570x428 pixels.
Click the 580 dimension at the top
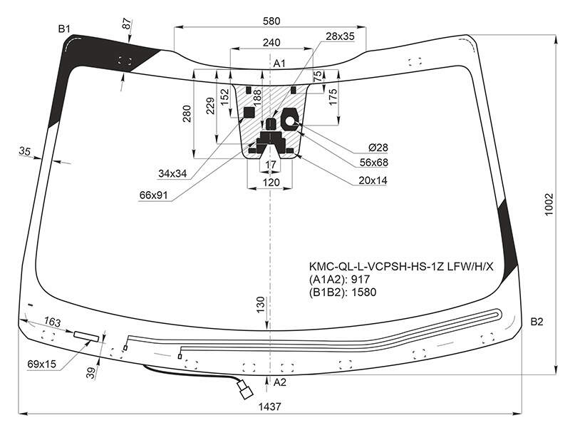[271, 21]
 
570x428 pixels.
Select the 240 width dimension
[271, 43]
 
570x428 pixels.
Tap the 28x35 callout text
[340, 36]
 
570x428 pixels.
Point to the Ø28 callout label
[378, 148]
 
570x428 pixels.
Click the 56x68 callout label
[373, 163]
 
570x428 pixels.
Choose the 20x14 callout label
[373, 180]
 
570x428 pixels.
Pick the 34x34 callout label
[172, 173]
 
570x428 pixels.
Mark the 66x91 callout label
[153, 195]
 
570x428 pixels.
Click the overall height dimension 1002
[549, 205]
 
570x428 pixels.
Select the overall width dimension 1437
[270, 406]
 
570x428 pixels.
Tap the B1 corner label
[64, 29]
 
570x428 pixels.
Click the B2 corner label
[537, 322]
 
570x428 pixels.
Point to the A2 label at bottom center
[279, 382]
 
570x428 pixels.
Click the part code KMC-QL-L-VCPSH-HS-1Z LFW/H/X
[401, 267]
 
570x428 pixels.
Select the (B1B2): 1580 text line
[343, 292]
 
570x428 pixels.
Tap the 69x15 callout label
[42, 364]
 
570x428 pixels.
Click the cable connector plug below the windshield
[245, 389]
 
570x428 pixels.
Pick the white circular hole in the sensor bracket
[291, 121]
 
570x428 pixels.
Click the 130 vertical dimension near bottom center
[261, 305]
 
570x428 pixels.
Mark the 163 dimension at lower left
[52, 322]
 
